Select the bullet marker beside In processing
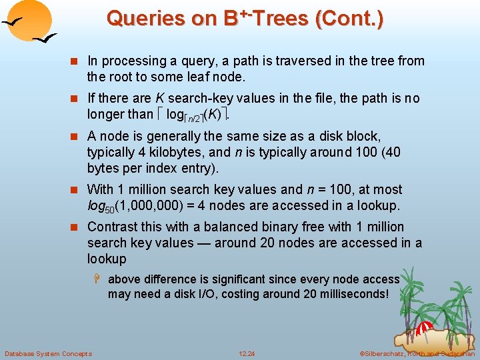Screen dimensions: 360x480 77,61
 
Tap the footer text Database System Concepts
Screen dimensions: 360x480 48,353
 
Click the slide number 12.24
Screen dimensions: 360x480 247,353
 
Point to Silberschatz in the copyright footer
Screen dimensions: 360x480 385,353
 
